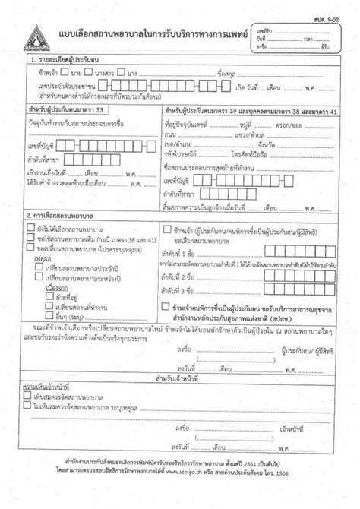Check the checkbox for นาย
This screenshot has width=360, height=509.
coord(67,72)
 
